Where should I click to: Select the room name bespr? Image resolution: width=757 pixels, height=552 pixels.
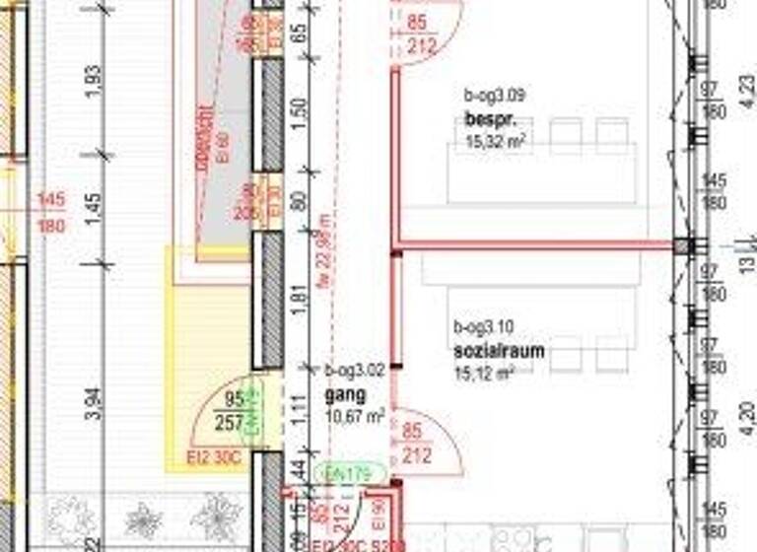486,120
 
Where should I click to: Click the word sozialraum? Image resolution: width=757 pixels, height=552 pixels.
499,351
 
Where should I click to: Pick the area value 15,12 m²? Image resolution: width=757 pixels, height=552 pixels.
484,374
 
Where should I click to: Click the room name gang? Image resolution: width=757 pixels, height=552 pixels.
345,394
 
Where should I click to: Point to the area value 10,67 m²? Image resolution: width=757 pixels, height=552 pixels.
354,417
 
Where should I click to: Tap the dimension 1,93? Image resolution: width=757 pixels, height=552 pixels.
95,82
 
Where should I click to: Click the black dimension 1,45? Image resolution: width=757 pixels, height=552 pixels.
95,209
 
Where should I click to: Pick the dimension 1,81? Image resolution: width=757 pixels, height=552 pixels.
301,302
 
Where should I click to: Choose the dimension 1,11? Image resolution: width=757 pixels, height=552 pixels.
301,406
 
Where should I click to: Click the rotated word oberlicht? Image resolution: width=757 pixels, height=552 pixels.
205,134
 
